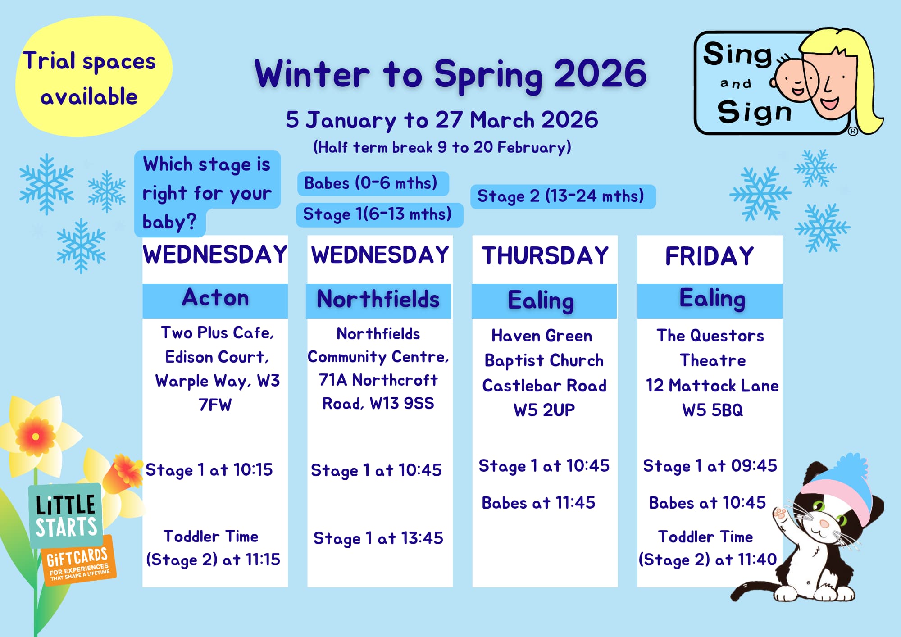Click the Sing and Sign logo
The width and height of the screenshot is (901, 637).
click(x=788, y=82)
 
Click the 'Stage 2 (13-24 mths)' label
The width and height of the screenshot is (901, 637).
click(x=563, y=196)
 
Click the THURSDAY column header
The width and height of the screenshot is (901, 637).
click(x=545, y=256)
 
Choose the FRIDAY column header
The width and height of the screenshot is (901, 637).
click(x=710, y=256)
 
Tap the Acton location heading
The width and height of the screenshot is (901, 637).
click(x=215, y=298)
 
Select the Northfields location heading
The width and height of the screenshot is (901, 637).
click(x=378, y=299)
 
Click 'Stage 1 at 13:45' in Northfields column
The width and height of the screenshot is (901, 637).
click(x=378, y=538)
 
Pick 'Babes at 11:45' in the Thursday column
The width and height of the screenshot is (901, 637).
click(x=538, y=503)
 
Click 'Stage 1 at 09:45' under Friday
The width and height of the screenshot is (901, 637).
click(x=710, y=466)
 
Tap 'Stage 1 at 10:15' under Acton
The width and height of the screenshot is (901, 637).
click(x=209, y=470)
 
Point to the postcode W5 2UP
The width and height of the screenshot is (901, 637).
click(x=544, y=410)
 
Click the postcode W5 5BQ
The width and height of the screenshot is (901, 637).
click(x=712, y=410)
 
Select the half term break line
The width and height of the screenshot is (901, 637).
click(x=442, y=147)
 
